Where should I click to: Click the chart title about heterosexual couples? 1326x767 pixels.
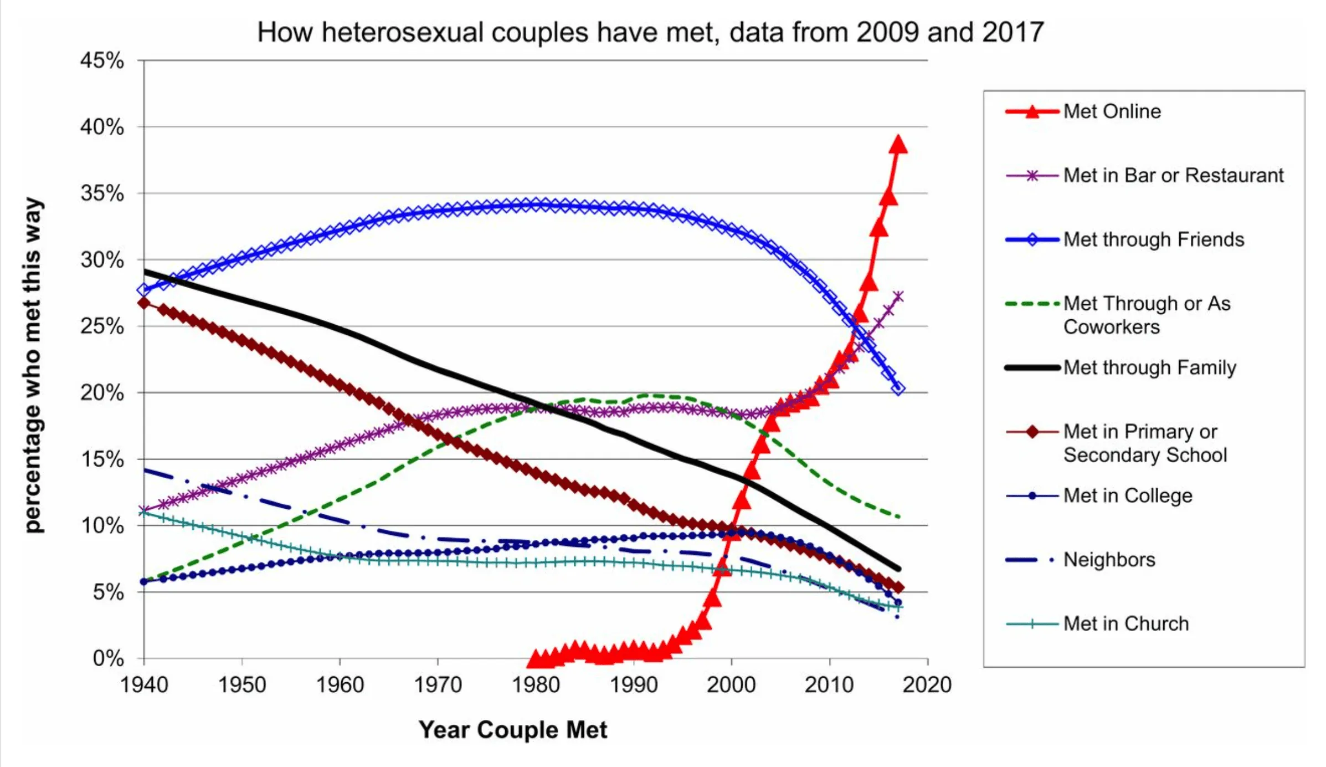click(650, 32)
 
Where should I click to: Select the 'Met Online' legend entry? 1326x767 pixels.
click(1112, 111)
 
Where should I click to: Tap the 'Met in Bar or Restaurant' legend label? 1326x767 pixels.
click(1173, 176)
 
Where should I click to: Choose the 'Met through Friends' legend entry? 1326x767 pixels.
click(1153, 239)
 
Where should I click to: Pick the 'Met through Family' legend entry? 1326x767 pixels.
click(1149, 367)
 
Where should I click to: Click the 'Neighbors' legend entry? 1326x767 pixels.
click(1109, 560)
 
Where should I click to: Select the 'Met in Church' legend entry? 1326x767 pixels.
click(1125, 624)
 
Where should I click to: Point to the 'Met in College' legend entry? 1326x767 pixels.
click(1127, 495)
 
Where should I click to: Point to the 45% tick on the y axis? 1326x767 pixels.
click(102, 60)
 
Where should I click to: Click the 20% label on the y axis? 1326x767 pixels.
click(102, 393)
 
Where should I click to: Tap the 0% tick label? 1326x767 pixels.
click(108, 658)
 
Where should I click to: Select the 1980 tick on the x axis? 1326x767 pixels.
click(536, 685)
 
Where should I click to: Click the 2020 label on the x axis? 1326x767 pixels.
click(927, 685)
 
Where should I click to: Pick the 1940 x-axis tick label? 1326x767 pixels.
click(144, 685)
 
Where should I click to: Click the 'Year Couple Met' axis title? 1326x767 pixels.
click(513, 730)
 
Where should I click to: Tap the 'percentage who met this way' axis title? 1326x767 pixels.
click(33, 365)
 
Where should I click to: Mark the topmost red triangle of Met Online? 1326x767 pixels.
click(898, 145)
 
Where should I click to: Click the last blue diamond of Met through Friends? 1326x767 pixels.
click(898, 388)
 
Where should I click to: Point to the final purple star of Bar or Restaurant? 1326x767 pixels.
click(898, 296)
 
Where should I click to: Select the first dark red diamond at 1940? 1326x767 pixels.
click(144, 303)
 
